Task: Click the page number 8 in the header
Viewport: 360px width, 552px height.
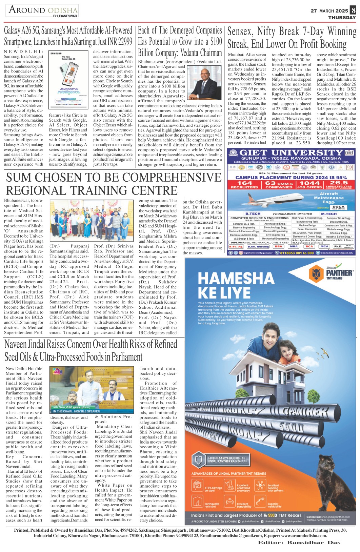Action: [353, 11]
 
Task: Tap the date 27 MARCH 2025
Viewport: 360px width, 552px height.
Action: [329, 11]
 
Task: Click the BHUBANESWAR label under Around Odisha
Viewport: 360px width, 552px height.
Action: [65, 16]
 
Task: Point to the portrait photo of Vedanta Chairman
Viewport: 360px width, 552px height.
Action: [204, 82]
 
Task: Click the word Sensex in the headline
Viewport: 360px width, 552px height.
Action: [240, 32]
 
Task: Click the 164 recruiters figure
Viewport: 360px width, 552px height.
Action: [244, 183]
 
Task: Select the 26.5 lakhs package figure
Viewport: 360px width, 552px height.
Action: [339, 183]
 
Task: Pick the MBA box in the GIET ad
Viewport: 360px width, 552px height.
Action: [294, 246]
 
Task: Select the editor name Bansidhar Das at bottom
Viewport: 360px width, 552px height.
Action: [314, 543]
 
